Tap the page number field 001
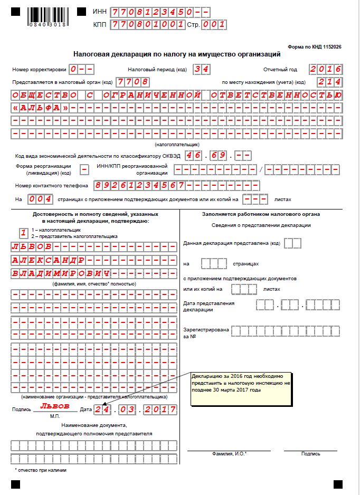coord(215,24)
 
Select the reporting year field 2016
coord(326,69)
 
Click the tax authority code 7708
coord(132,82)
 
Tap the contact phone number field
coord(176,186)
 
